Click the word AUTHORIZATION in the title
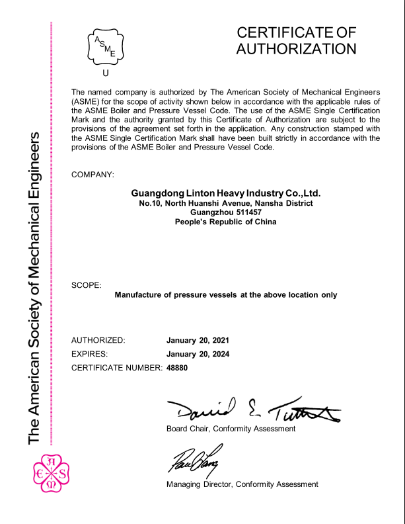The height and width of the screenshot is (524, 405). [x=296, y=48]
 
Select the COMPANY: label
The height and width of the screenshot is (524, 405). [x=92, y=175]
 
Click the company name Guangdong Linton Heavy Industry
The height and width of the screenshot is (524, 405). [x=226, y=193]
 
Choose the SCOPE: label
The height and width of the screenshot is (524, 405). [x=86, y=285]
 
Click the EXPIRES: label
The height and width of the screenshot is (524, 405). [x=89, y=354]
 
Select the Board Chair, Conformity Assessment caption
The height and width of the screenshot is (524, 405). [x=231, y=429]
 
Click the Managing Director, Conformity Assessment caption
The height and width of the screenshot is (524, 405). [x=242, y=484]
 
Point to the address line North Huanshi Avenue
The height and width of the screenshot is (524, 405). [x=226, y=203]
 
